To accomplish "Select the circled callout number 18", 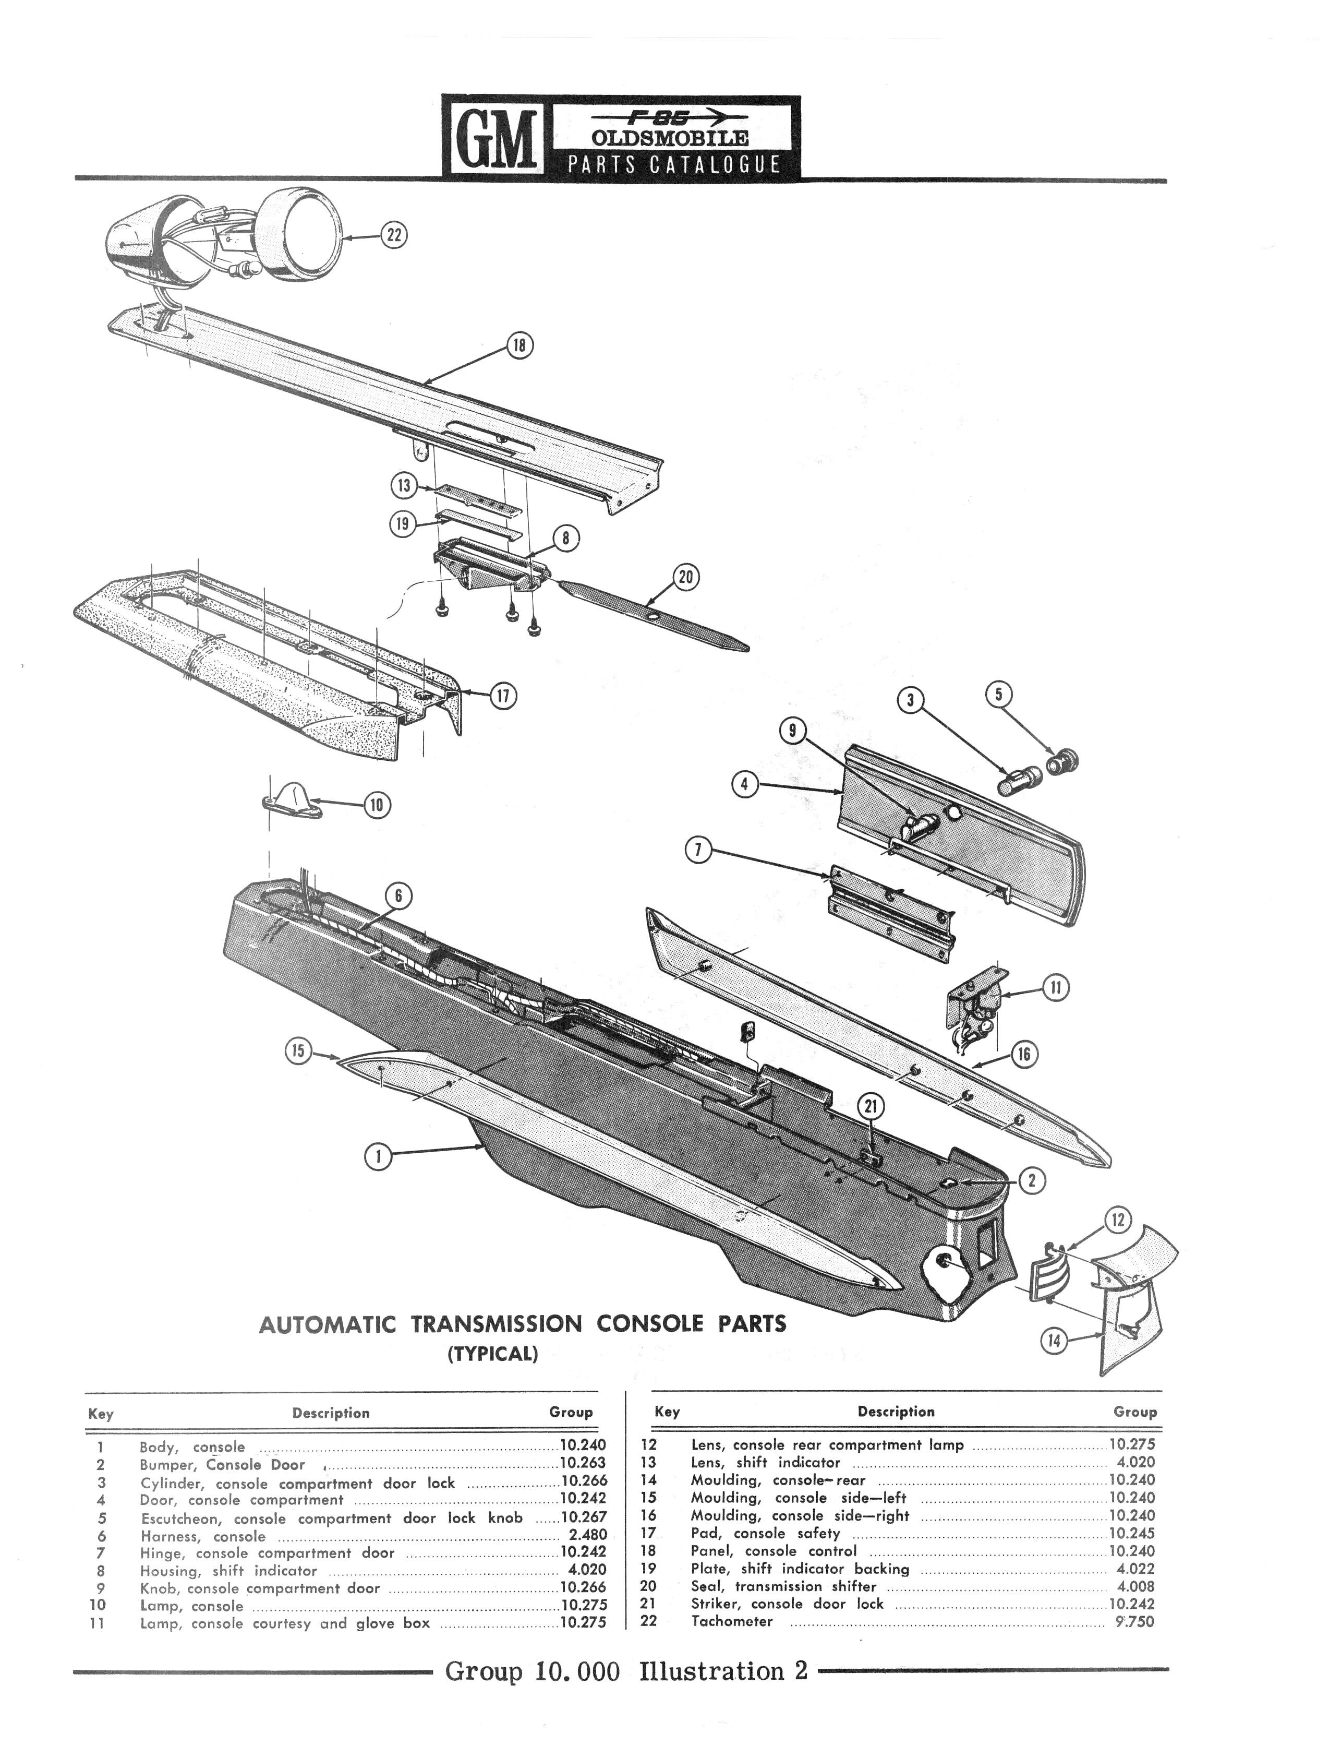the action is pyautogui.click(x=519, y=346).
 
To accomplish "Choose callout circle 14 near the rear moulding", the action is pyautogui.click(x=1054, y=1341).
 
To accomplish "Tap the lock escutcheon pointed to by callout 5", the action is pyautogui.click(x=1063, y=761).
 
